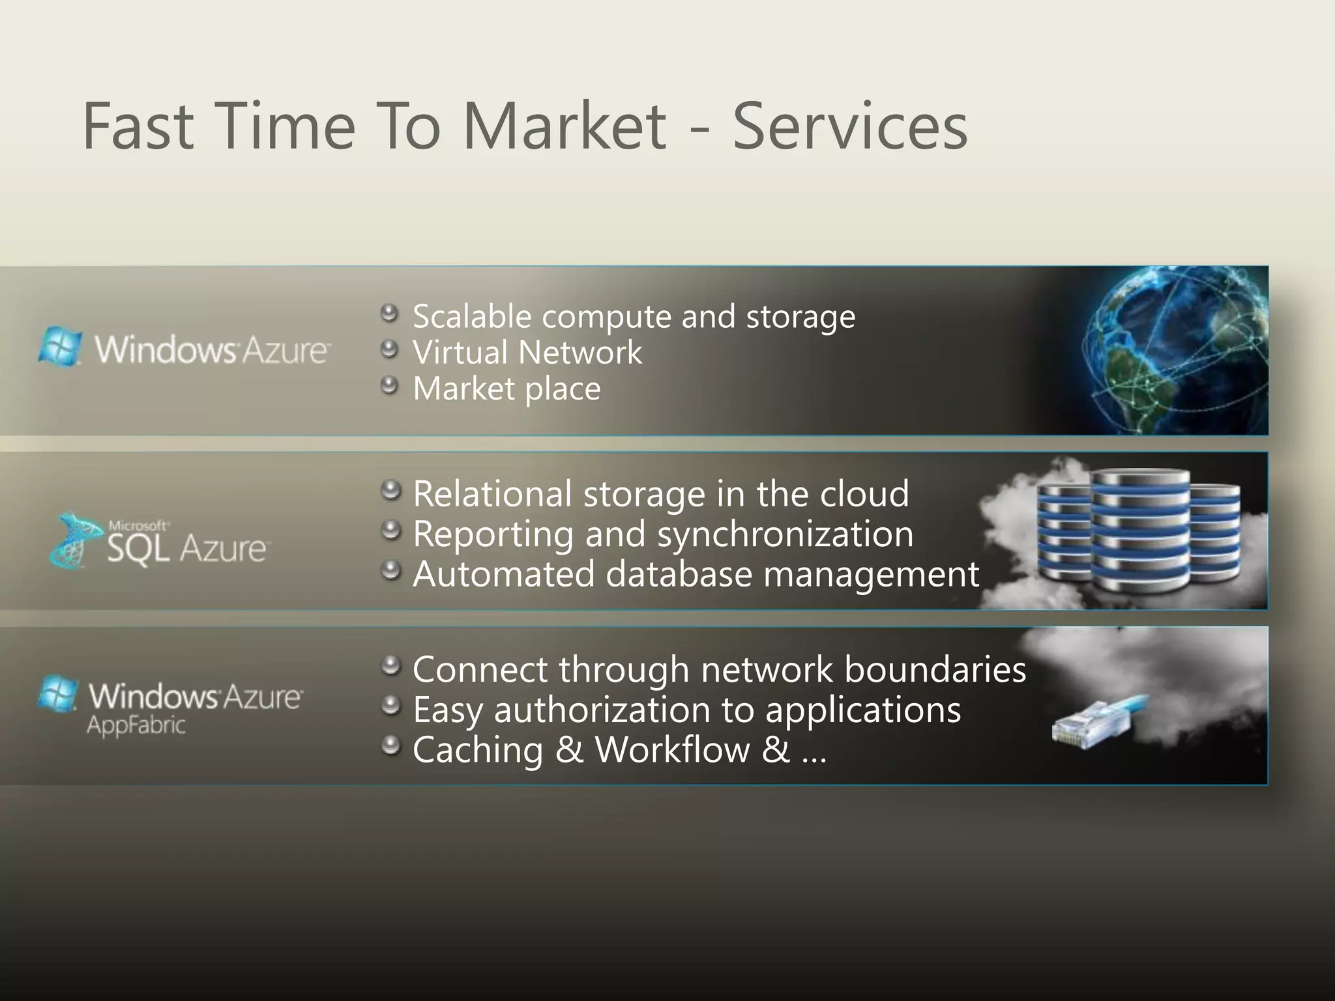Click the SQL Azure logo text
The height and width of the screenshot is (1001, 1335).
coord(186,548)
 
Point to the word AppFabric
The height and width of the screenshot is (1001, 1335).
coord(136,725)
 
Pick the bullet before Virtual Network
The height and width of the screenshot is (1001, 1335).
coord(389,350)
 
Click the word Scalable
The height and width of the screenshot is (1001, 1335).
coord(472,317)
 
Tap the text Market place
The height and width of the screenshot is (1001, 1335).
coord(506,389)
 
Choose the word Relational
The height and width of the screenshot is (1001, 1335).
coord(492,493)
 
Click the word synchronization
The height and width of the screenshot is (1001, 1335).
coord(785,534)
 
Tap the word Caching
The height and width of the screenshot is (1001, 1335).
coord(478,750)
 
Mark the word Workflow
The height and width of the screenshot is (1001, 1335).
coord(672,749)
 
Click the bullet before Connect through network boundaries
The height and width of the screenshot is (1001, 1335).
coord(390,665)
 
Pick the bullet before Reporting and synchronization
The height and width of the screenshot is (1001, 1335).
coord(390,530)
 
